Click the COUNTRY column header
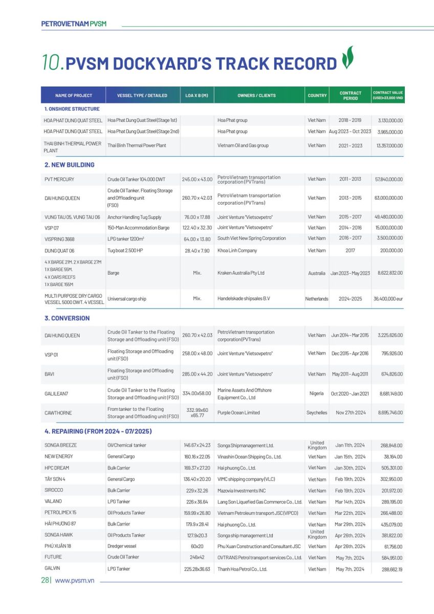pos(317,95)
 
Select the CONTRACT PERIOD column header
pos(350,95)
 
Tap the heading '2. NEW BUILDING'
pos(69,165)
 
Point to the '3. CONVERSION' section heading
pos(67,318)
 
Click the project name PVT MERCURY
pos(59,179)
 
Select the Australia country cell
pos(317,273)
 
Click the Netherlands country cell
pos(317,299)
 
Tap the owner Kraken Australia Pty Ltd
pos(241,273)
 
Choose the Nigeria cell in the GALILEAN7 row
pos(317,393)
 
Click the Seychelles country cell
pos(317,413)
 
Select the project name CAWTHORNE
pos(58,413)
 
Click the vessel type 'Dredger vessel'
pos(122,546)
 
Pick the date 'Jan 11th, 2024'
pos(350,445)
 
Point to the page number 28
pos(45,580)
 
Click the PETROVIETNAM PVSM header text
pos(74,24)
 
